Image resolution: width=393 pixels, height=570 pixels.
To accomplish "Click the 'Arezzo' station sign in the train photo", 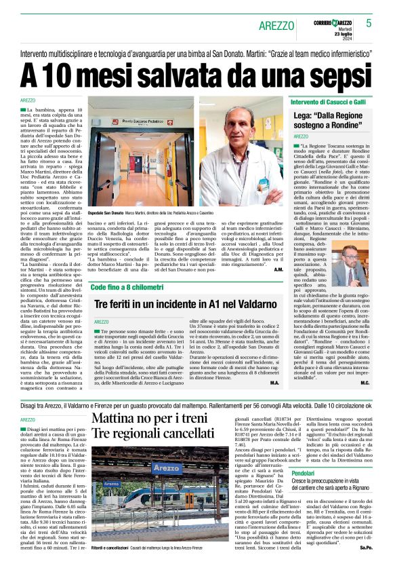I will point(167,468).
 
